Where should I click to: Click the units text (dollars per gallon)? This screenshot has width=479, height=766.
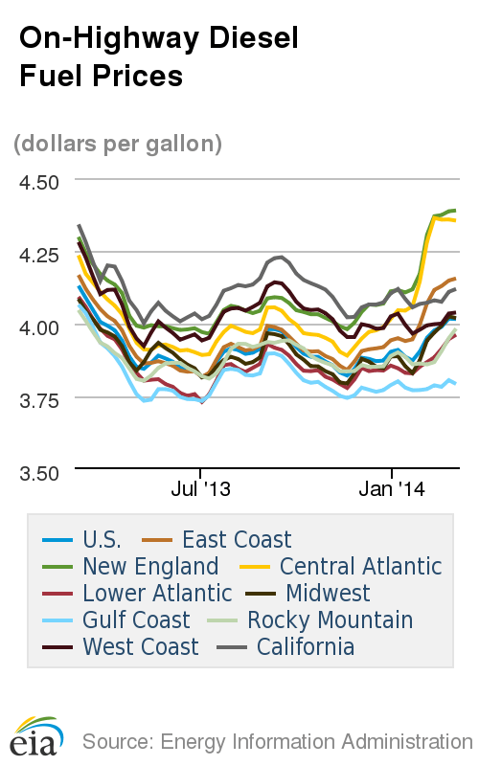tap(118, 144)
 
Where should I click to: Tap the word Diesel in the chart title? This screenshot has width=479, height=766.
tap(250, 38)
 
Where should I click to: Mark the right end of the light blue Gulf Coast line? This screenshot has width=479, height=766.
tap(455, 383)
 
